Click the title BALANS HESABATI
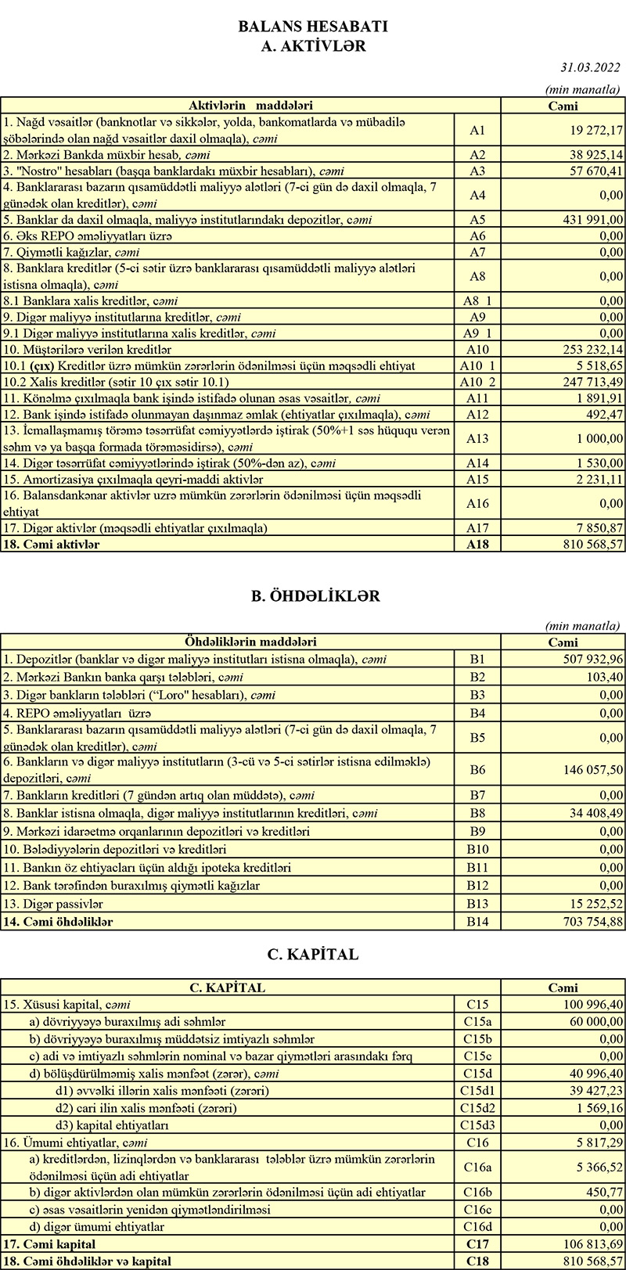(x=313, y=27)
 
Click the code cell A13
(x=477, y=439)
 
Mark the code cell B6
(x=477, y=769)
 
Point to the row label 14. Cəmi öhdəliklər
(x=58, y=922)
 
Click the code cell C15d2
(x=477, y=1107)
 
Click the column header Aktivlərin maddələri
(x=250, y=105)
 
